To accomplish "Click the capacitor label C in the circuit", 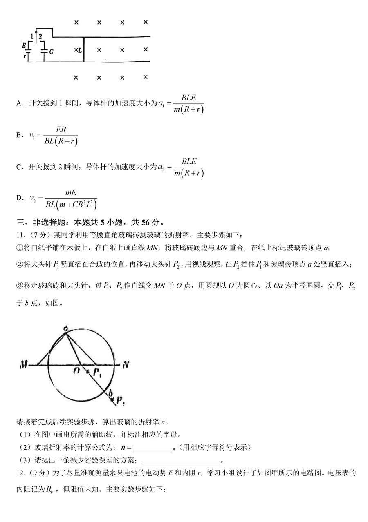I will click(51, 51).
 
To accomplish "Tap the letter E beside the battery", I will click(25, 45).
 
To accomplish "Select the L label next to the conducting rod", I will click(80, 50).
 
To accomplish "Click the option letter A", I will click(19, 104).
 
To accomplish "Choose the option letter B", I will click(18, 135).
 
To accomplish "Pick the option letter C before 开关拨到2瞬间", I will click(19, 167).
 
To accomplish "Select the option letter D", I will click(19, 198).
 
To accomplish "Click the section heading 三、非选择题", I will click(37, 223).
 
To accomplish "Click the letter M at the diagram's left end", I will click(23, 365).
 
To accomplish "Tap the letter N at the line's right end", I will click(126, 364).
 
